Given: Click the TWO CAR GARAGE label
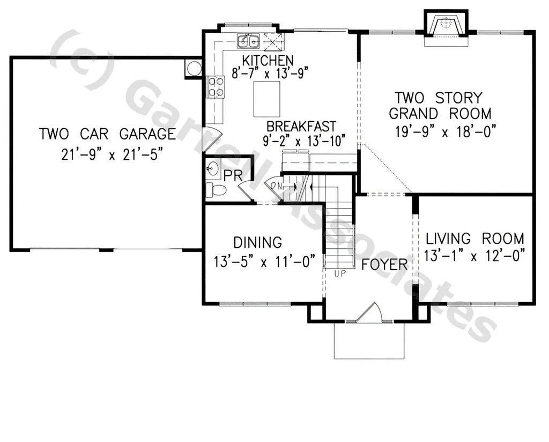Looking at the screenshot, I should pyautogui.click(x=107, y=134).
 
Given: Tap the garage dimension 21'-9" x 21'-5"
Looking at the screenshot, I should pyautogui.click(x=112, y=154).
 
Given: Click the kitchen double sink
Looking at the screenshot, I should pyautogui.click(x=248, y=40).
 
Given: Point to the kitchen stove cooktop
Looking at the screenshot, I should pyautogui.click(x=216, y=87).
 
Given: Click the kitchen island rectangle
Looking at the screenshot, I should pyautogui.click(x=266, y=99).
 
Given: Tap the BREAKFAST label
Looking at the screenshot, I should pyautogui.click(x=302, y=126).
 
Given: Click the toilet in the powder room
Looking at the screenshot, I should pyautogui.click(x=216, y=190).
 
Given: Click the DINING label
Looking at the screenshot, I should pyautogui.click(x=257, y=242).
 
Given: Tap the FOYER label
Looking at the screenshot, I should pyautogui.click(x=384, y=264).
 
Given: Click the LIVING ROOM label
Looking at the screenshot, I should pyautogui.click(x=474, y=238).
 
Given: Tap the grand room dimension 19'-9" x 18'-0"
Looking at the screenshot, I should pyautogui.click(x=443, y=131).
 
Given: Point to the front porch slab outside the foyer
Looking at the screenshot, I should pyautogui.click(x=368, y=341).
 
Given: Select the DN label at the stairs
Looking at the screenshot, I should pyautogui.click(x=277, y=185).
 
